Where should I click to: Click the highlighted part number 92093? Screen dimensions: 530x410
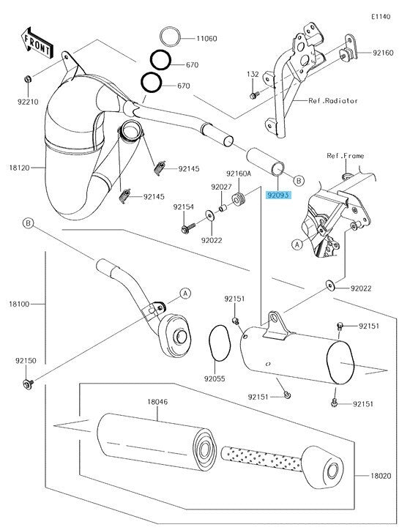pos(278,195)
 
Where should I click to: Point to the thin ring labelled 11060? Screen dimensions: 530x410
pos(169,35)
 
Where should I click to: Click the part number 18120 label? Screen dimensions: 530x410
pos(19,168)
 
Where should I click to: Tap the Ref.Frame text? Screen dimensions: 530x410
pos(345,156)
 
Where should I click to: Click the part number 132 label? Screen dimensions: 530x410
pos(253,75)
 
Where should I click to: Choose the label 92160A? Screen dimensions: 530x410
pos(239,173)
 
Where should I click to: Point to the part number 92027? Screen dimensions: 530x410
pos(221,187)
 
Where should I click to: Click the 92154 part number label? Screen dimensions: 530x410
pos(183,207)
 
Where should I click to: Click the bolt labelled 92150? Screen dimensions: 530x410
pos(26,383)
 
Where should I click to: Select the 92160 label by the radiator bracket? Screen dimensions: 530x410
pos(382,53)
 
